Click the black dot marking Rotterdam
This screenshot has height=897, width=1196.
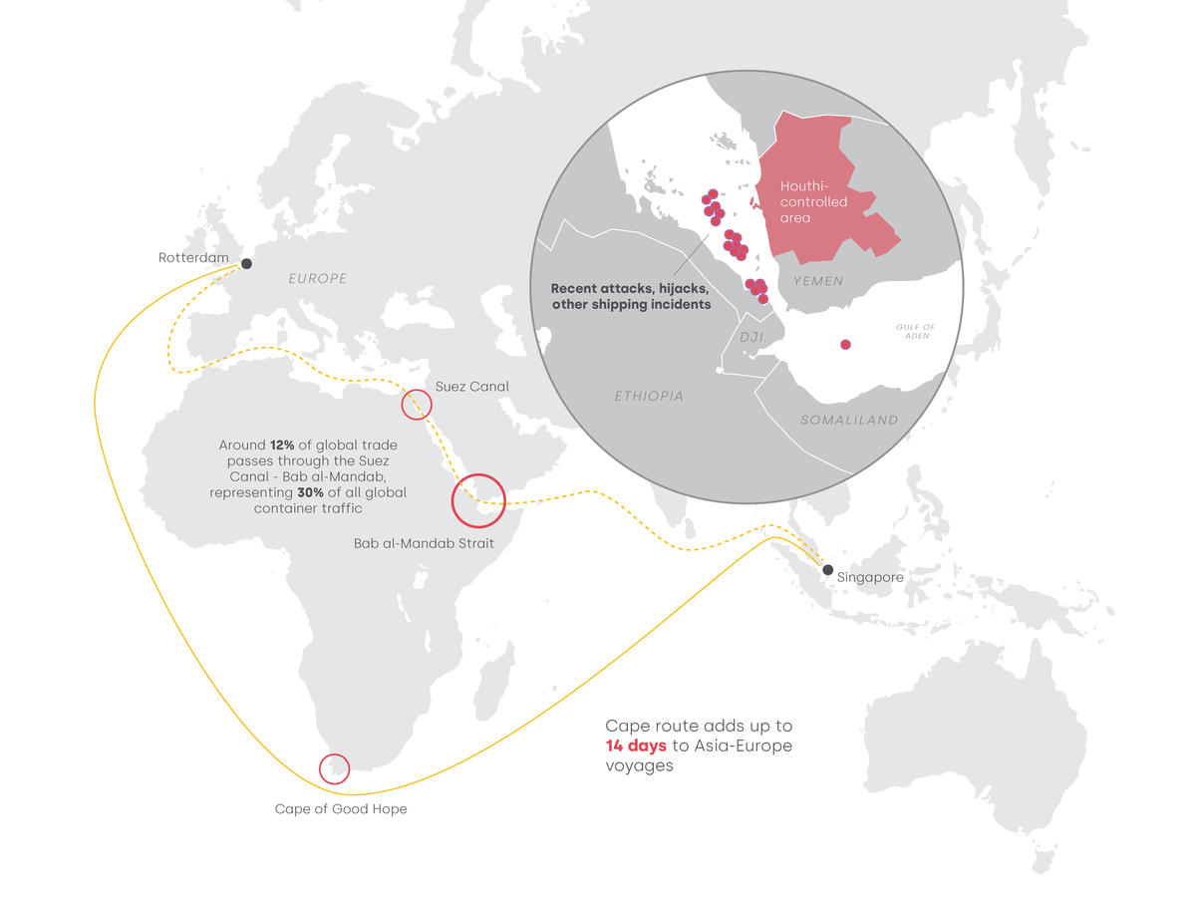pos(246,264)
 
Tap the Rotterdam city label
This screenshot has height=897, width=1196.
pos(193,258)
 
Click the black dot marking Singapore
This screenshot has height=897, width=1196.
pos(827,569)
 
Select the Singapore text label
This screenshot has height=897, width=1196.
pos(870,577)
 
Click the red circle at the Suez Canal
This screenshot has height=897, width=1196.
pos(417,405)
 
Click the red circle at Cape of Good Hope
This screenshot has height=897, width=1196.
pos(334,769)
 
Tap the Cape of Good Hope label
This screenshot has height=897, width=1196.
pos(341,809)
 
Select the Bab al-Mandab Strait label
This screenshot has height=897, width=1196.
pos(424,544)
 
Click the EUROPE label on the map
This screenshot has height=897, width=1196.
pos(318,279)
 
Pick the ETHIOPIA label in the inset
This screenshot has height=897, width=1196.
pos(649,397)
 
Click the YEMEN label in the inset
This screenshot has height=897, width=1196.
pos(818,281)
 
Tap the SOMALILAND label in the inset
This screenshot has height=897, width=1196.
pos(849,421)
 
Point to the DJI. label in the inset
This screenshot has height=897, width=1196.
pos(751,338)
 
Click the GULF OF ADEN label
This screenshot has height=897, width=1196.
pos(915,332)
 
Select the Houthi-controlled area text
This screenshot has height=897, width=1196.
pos(813,201)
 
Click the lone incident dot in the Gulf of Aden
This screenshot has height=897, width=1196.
pos(845,345)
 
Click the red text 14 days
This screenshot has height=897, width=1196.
pos(636,747)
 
